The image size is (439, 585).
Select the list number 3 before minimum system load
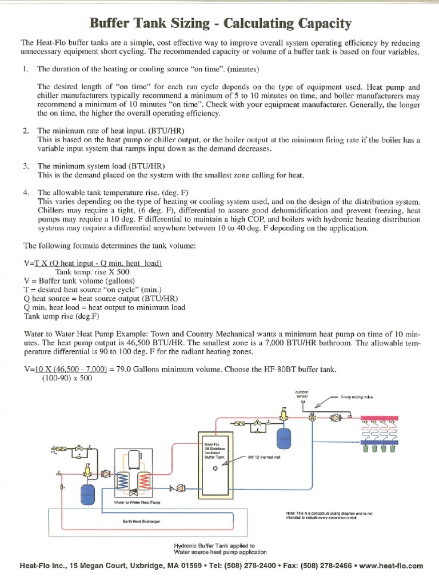tap(26, 166)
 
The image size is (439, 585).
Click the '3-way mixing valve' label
tap(356, 396)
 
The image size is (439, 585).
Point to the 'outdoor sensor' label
tap(301, 394)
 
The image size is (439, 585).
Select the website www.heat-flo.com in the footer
tap(392, 566)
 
